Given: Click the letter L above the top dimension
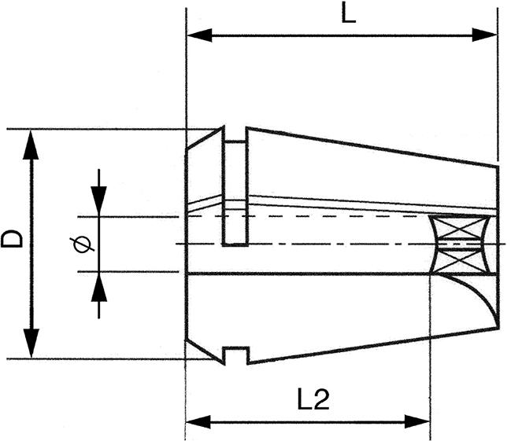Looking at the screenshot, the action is coord(348,13).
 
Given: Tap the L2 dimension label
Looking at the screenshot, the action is coord(313,399).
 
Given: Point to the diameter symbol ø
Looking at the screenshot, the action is coord(82,244).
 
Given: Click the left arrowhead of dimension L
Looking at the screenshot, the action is coord(200,35).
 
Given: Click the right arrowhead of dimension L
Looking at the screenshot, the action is coord(484,35).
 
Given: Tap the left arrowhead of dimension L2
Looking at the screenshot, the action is coord(198,422).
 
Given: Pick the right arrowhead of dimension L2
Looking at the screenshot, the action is coord(417,422).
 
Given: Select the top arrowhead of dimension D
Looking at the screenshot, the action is coord(31,145).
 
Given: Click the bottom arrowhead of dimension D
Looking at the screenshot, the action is coord(31,343).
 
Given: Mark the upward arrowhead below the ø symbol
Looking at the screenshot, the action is coord(99,287).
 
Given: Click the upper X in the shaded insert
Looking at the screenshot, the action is coord(460,228).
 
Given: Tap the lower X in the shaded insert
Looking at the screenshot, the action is coord(460,261).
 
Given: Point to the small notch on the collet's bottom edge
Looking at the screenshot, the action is coord(236,355).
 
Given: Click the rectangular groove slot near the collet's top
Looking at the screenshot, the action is coord(235,193).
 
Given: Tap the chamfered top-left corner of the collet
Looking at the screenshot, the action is coord(205,139).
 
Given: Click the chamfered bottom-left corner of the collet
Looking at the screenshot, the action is coord(205,351).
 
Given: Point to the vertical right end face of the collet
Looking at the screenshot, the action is coord(498,248).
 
